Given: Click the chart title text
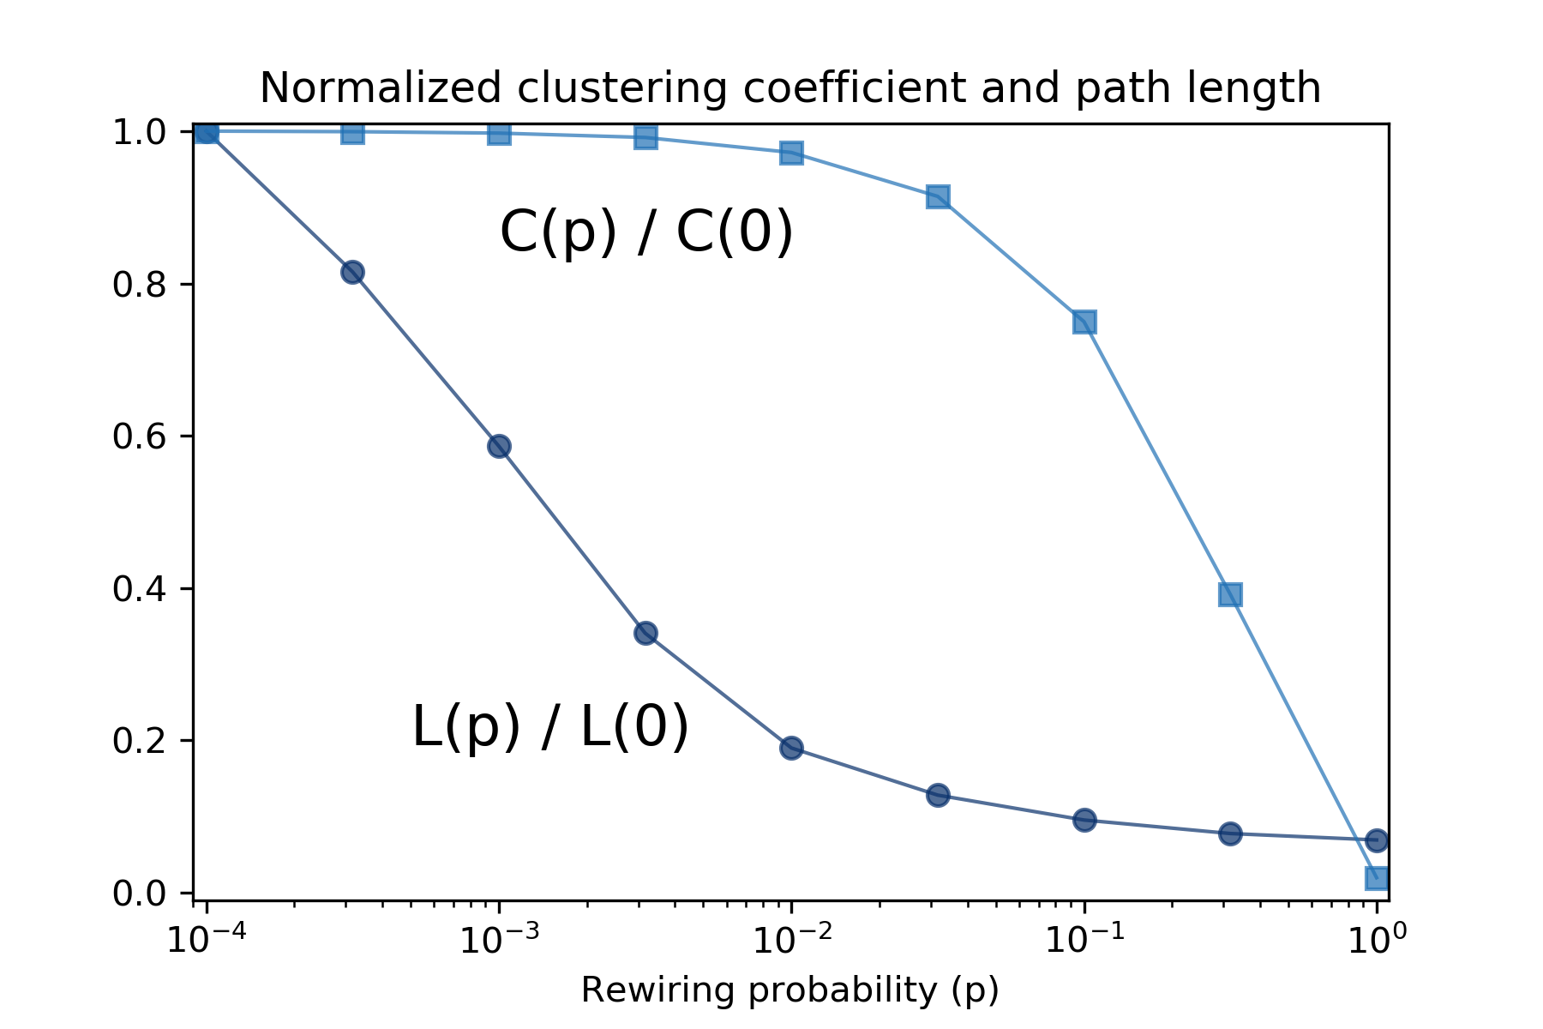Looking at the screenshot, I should coord(790,88).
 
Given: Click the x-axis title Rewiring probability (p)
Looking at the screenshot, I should coord(790,990).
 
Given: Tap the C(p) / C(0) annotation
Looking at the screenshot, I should coord(646,232).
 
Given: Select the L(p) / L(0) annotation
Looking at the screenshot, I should coord(550,727).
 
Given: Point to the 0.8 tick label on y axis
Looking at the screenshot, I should coord(139,285).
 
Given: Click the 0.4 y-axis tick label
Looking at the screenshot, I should coord(139,589).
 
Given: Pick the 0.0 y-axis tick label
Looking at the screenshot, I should coord(139,894).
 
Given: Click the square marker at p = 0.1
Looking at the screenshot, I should coord(1084,322).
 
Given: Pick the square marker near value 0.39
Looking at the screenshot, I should coord(1230,594).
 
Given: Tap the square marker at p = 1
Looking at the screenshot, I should coord(1377,878).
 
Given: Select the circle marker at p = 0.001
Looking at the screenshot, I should coord(499,446).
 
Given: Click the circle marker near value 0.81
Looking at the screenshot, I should coord(352,273).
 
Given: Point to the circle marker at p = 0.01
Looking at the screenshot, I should coord(791,748).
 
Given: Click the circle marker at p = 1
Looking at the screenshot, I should coord(1377,840).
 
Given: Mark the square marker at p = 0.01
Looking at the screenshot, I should coord(791,153).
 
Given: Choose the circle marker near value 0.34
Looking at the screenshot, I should coord(645,633).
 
